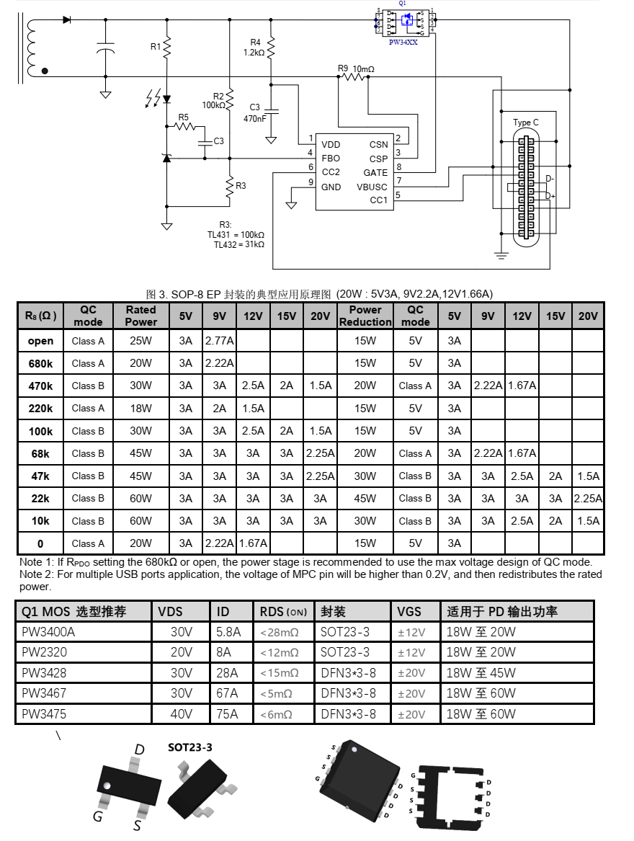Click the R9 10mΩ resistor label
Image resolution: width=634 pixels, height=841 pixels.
[356, 68]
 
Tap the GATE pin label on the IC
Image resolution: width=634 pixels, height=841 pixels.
[375, 172]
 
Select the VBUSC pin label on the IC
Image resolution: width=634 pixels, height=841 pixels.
[372, 187]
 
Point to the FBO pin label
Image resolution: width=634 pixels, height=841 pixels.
[331, 158]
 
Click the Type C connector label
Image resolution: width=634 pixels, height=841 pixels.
[526, 123]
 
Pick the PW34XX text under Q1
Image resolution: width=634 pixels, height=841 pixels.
[403, 43]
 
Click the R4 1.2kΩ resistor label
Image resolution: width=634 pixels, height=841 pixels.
[255, 48]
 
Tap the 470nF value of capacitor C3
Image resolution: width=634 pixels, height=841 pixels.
[255, 118]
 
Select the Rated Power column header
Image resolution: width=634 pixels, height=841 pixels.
[140, 316]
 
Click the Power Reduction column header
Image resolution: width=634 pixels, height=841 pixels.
[365, 316]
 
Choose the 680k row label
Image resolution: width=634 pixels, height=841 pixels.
[40, 363]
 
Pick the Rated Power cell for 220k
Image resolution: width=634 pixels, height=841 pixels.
[140, 409]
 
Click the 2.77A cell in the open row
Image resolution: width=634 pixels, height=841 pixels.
[219, 341]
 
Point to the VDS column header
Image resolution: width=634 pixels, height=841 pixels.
[170, 612]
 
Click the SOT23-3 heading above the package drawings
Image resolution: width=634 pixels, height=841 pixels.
[190, 747]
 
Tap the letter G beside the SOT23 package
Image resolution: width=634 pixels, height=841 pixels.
[97, 816]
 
